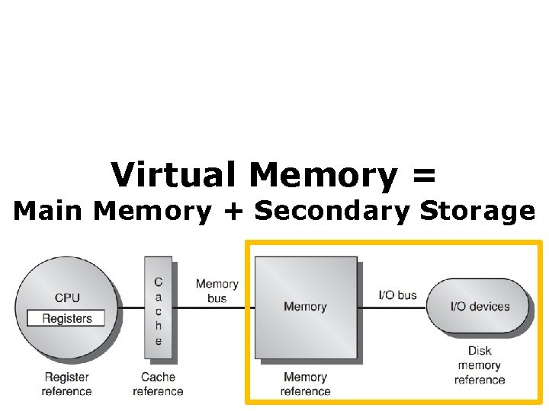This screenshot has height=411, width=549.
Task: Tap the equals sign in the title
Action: click(424, 177)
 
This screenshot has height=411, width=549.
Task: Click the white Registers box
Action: click(67, 319)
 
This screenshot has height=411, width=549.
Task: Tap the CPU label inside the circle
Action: click(67, 298)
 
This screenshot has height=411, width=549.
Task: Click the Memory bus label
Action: click(217, 291)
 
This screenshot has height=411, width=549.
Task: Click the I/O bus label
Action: click(398, 295)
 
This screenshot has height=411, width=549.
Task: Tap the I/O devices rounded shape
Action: click(480, 306)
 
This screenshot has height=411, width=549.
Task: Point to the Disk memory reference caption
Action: click(480, 365)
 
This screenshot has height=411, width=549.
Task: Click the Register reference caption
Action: click(66, 384)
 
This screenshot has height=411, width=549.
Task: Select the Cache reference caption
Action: click(158, 384)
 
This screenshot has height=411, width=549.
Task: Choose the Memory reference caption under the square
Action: click(305, 384)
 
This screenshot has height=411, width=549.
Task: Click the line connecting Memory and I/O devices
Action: click(393, 307)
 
